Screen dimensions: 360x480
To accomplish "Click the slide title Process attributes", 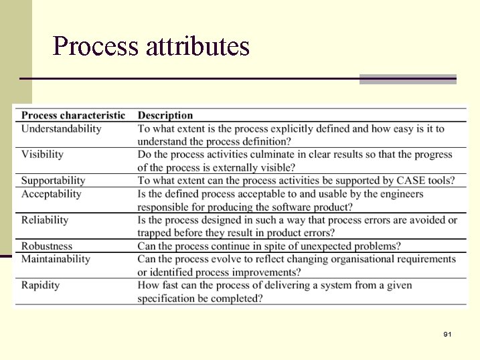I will click(151, 47).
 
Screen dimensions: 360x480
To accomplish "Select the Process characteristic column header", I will click(73, 115).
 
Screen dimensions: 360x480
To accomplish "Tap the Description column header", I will click(165, 115).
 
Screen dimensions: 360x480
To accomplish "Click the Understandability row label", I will click(61, 128).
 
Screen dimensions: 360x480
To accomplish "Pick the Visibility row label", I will click(42, 155).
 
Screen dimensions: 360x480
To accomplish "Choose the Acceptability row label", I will click(51, 194).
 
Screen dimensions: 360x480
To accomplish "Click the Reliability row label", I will click(45, 220).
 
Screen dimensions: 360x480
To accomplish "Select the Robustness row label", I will click(47, 246).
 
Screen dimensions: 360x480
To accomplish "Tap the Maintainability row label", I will click(56, 259).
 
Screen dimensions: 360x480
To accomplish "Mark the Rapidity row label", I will click(40, 285).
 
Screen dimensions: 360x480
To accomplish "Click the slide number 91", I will click(447, 333).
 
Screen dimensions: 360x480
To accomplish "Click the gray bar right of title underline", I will click(408, 79).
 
